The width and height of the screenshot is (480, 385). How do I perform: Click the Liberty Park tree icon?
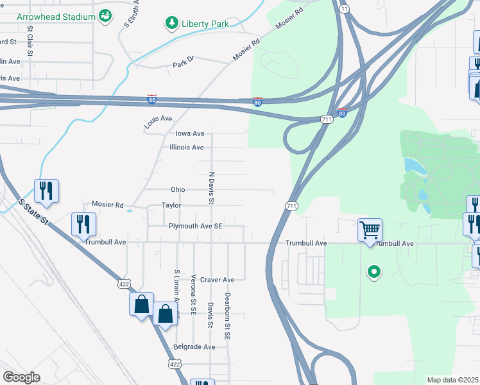pos(171,24)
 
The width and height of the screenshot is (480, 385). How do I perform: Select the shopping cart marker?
pos(370,230)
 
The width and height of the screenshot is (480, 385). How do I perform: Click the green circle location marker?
pos(373,272)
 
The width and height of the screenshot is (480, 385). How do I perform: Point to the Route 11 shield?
pos(345,8)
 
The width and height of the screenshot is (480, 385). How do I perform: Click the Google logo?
pos(22,377)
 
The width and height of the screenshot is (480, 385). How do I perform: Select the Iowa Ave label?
pos(189,133)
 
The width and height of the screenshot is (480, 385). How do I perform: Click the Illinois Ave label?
pos(187,148)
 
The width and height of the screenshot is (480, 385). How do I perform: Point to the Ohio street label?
pos(178,190)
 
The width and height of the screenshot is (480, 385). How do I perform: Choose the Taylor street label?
pos(171,205)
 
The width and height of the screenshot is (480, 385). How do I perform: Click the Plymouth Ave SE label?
pos(195,227)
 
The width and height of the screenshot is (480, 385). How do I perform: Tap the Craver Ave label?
pos(218,280)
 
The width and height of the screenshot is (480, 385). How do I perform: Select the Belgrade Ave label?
pos(194,346)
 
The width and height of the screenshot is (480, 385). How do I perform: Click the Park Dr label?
pos(183,65)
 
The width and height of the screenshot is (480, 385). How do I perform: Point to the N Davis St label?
pos(210,188)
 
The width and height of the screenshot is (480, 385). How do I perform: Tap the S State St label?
pos(34,211)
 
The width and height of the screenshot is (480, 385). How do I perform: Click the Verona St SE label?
pos(193,295)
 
